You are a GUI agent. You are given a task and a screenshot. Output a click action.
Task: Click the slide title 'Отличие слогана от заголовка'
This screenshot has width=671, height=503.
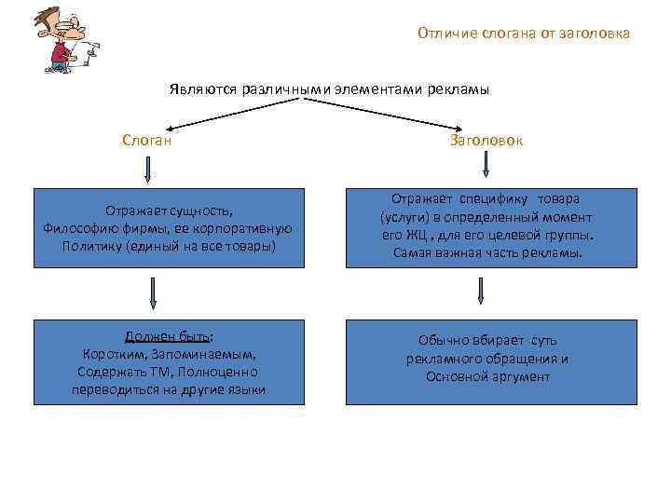524,34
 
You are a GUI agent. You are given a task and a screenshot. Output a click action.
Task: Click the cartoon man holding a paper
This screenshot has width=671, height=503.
64,39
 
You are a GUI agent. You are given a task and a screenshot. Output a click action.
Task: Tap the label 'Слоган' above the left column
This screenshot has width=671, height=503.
146,140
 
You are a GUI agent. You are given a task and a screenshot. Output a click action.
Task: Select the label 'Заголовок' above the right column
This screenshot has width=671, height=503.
486,141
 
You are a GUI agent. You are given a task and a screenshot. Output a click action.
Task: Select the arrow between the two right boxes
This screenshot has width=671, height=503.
481,291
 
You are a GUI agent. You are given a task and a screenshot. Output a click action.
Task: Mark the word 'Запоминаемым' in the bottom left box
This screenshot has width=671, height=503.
212,355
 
